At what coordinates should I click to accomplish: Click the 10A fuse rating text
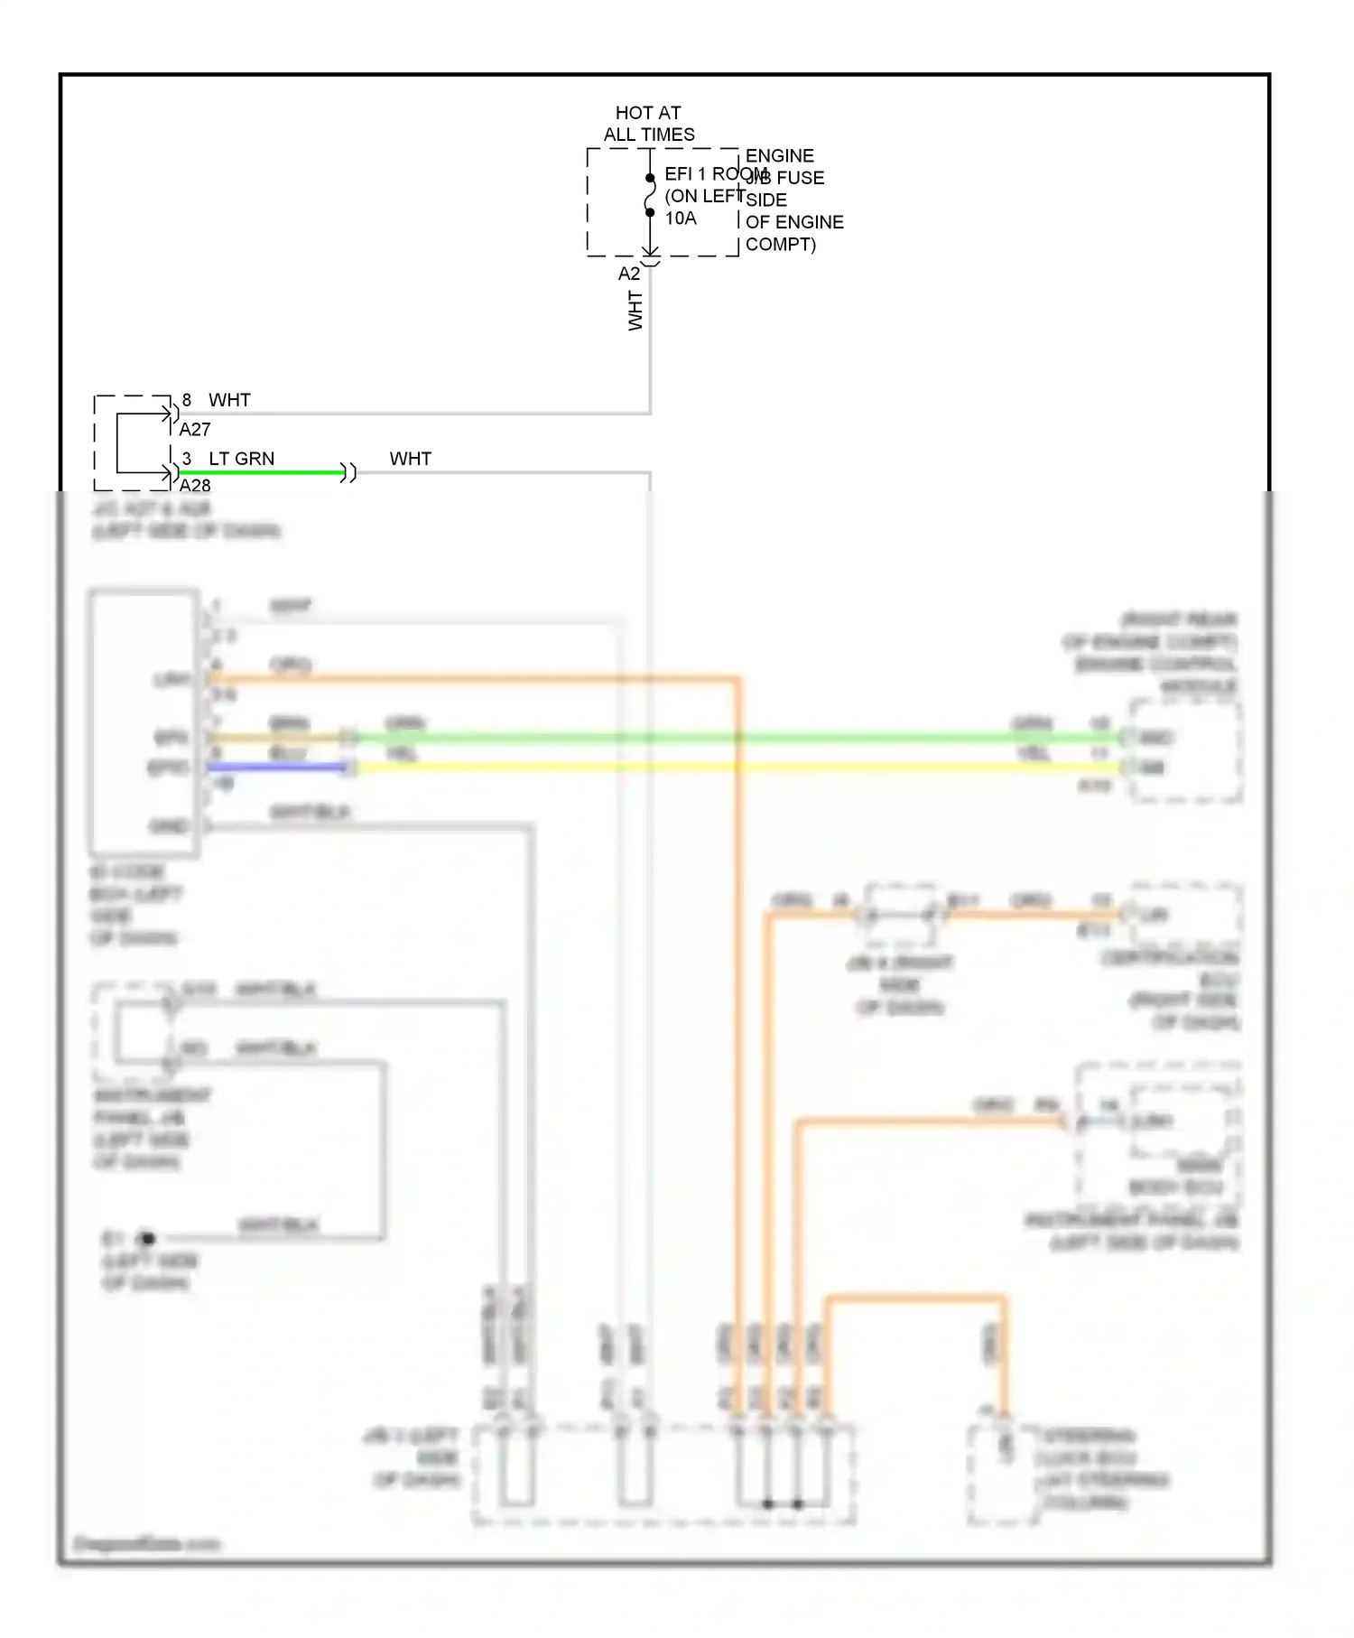coord(681,219)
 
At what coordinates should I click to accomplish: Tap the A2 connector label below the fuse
coord(628,274)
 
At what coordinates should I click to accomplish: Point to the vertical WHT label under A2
coord(635,311)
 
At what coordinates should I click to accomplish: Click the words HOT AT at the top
coord(647,113)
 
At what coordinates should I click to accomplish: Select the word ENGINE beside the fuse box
coord(779,156)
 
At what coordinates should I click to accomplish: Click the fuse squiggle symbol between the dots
coord(650,195)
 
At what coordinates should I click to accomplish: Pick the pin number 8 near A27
coord(187,400)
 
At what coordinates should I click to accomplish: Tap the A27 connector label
coord(195,430)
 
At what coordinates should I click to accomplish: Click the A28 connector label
coord(195,486)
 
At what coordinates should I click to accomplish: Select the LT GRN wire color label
coord(241,459)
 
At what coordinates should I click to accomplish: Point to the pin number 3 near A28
coord(187,459)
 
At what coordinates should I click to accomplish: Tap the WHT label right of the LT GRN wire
coord(410,459)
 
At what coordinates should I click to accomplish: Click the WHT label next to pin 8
coord(229,400)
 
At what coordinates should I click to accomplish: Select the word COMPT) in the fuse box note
coord(780,245)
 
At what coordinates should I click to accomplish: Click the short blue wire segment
coord(275,768)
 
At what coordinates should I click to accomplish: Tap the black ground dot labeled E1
coord(148,1238)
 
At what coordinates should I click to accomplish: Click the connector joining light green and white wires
coord(348,472)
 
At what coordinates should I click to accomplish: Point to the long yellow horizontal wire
coord(722,768)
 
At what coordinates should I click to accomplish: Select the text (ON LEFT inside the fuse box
coord(704,196)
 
